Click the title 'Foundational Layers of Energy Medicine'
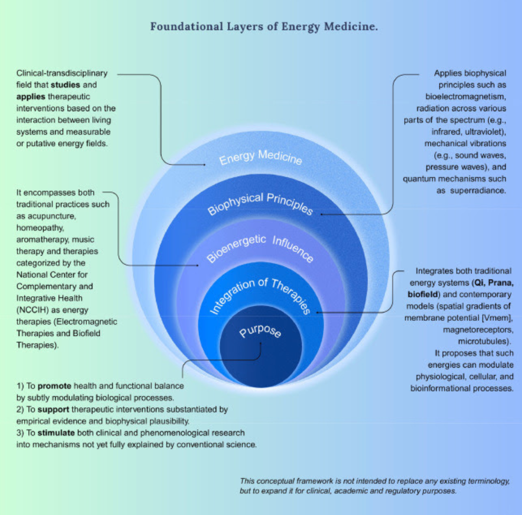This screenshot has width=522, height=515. point(264,27)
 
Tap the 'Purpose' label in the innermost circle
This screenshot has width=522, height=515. point(261,331)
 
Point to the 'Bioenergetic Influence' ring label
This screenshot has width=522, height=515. point(260,249)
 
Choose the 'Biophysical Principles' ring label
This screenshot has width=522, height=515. point(260,204)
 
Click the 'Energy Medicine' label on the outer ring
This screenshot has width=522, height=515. point(261,158)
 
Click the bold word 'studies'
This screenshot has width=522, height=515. point(65,85)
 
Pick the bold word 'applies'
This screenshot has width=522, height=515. point(31,97)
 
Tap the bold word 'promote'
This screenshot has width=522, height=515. point(54,386)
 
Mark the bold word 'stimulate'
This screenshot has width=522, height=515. point(56,433)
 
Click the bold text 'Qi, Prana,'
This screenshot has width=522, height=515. point(498,283)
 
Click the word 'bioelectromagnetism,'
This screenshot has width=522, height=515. point(466,97)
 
